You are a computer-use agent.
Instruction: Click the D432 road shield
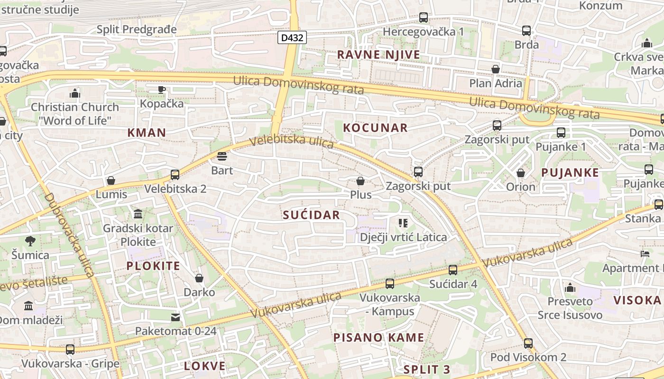(x=292, y=37)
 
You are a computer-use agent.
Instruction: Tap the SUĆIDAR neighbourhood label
(x=311, y=215)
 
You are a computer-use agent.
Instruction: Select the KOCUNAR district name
(x=375, y=128)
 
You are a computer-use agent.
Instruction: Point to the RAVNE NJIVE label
(x=378, y=54)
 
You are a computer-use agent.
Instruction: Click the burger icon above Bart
(x=222, y=156)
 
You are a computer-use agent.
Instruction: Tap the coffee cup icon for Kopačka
(x=162, y=90)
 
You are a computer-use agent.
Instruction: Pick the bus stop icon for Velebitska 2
(x=175, y=175)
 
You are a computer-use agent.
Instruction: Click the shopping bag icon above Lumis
(x=111, y=180)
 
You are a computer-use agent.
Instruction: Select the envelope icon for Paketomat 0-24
(x=175, y=316)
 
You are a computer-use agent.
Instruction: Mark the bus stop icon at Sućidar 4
(x=453, y=270)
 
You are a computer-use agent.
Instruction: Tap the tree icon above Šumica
(x=30, y=241)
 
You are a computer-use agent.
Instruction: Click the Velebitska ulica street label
(x=291, y=142)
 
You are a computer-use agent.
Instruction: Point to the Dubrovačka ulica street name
(x=69, y=235)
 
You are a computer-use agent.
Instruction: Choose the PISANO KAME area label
(x=378, y=338)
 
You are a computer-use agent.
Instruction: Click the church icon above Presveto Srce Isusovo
(x=570, y=288)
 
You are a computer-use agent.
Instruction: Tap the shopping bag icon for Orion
(x=521, y=173)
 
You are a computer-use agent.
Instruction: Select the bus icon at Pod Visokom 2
(x=528, y=343)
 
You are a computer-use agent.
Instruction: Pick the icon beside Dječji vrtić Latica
(x=403, y=223)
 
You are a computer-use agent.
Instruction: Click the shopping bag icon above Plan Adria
(x=496, y=69)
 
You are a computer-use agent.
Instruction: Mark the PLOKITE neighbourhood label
(x=153, y=266)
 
